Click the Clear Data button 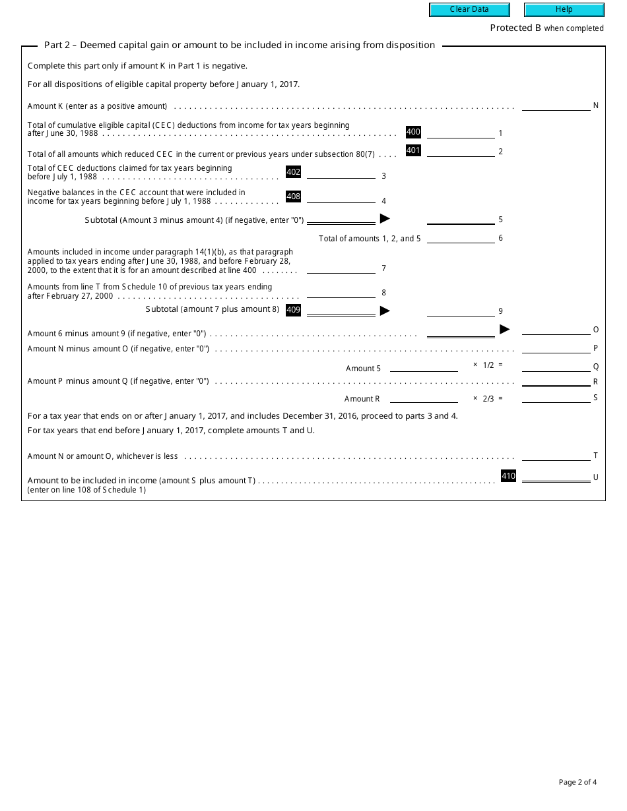[x=469, y=10]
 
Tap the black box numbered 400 [x=413, y=132]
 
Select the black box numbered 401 [x=413, y=150]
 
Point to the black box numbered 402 [x=293, y=172]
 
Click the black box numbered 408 [x=293, y=196]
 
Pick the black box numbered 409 [x=293, y=309]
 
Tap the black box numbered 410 [x=508, y=476]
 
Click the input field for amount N [x=556, y=105]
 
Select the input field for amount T [x=556, y=455]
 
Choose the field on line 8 [x=341, y=292]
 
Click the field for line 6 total [x=461, y=238]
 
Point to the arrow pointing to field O [x=505, y=329]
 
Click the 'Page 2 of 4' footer [x=577, y=783]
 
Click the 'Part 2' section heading [x=239, y=45]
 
